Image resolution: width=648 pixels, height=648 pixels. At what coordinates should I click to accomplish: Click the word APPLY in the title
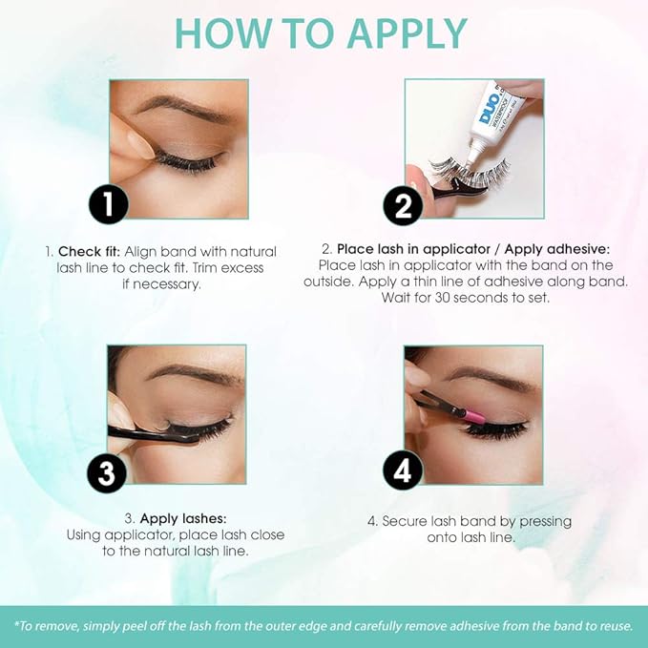[x=408, y=33]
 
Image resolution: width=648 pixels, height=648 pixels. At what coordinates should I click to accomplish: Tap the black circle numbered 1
[x=109, y=203]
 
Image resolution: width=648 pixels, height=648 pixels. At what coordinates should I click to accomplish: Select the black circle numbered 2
[x=403, y=206]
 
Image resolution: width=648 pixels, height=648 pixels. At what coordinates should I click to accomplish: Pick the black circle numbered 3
[x=107, y=472]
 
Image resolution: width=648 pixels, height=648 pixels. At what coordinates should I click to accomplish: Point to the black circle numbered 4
[x=403, y=470]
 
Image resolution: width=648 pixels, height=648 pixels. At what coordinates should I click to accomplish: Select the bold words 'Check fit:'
[x=89, y=252]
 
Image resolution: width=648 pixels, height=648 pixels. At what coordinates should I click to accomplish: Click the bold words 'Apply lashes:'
[x=183, y=518]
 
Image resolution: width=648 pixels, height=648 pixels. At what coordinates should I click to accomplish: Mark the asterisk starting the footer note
[x=17, y=623]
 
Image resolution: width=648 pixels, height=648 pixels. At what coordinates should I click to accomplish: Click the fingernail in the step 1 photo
[x=141, y=145]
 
